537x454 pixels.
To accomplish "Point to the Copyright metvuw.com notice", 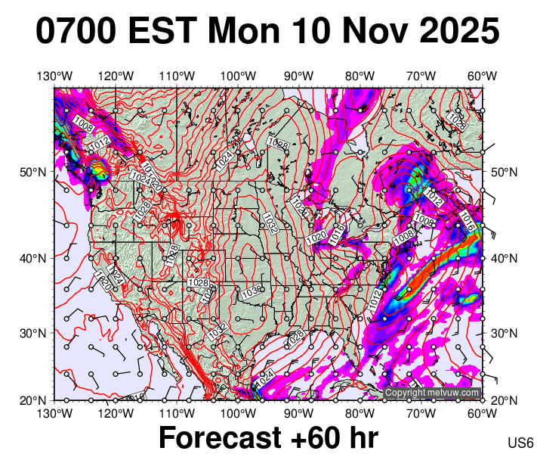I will (x=432, y=393).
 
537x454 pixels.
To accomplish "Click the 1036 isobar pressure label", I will (x=252, y=293).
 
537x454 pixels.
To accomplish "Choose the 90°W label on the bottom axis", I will (x=299, y=412).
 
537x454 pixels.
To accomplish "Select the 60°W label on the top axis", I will (x=482, y=76).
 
